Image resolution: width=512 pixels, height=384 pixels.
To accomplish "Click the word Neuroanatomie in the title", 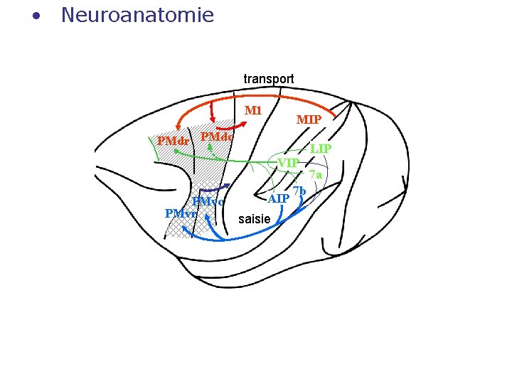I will coord(137,15).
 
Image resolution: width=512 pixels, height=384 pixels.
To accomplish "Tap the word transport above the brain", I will coord(269,78).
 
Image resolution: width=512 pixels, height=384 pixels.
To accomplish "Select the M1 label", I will coord(254,110).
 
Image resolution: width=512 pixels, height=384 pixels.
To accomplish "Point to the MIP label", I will coord(309,119).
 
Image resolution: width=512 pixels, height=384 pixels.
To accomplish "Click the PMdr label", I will coord(173,141).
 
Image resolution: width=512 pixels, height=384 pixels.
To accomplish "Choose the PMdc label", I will coord(217,136).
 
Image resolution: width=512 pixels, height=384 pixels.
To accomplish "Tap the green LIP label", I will coord(321,149).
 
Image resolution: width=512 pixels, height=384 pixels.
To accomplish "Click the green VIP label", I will coord(288,163).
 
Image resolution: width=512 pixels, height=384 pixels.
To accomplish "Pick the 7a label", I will coord(316,174).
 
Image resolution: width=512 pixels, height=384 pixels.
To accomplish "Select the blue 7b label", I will coord(299,191).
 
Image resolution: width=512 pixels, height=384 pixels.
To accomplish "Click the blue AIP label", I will coord(279,198).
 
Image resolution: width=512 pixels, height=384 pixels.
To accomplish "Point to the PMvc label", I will coord(208,202).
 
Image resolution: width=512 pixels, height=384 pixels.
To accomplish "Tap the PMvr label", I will coord(180,213).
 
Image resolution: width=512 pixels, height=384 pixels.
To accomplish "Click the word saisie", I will coord(255,219).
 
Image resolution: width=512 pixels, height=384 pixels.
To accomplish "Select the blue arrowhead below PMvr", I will coord(186,230).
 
